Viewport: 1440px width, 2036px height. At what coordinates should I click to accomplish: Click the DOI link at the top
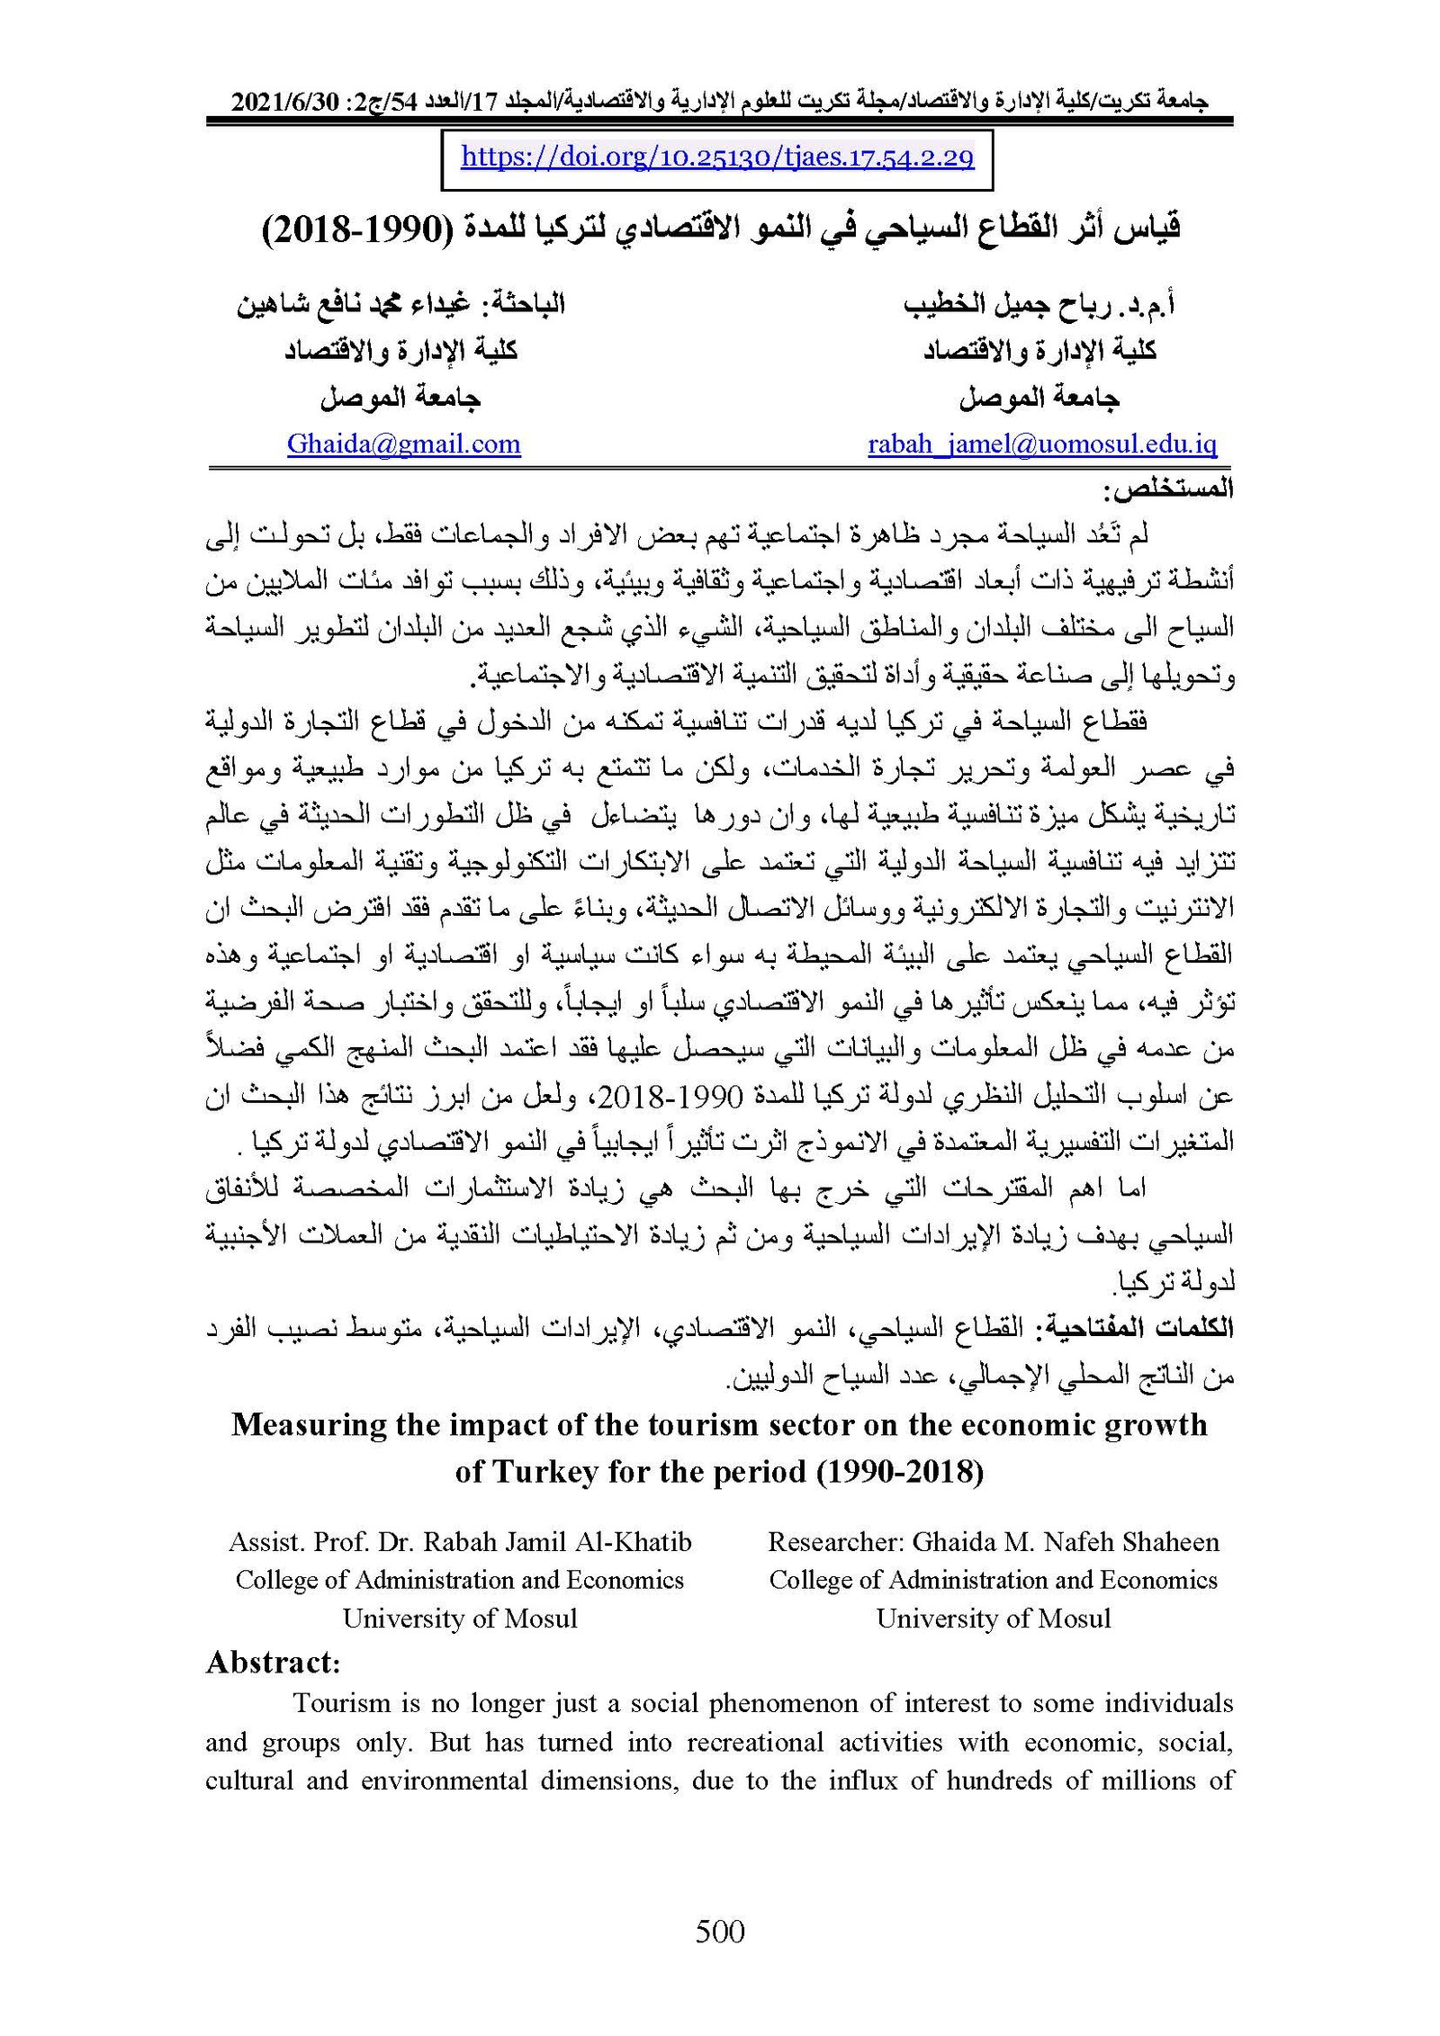point(716,158)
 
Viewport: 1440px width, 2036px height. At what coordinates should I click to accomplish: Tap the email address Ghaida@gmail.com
point(403,444)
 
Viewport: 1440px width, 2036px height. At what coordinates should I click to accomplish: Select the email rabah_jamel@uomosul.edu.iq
point(1041,444)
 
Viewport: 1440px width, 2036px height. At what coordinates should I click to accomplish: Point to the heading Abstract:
point(273,1662)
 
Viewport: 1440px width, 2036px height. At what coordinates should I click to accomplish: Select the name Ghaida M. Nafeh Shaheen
point(1066,1542)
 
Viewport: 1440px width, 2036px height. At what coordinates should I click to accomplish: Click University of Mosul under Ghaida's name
point(993,1619)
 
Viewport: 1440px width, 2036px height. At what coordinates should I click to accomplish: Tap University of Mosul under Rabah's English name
point(460,1619)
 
